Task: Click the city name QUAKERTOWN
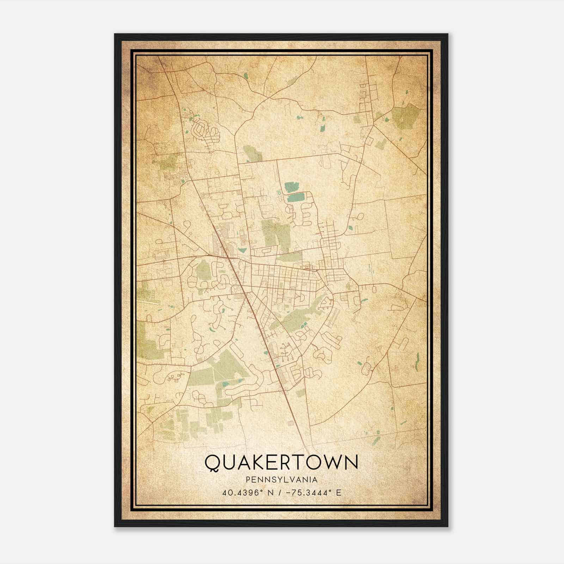click(281, 462)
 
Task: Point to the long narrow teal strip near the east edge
click(418, 361)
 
